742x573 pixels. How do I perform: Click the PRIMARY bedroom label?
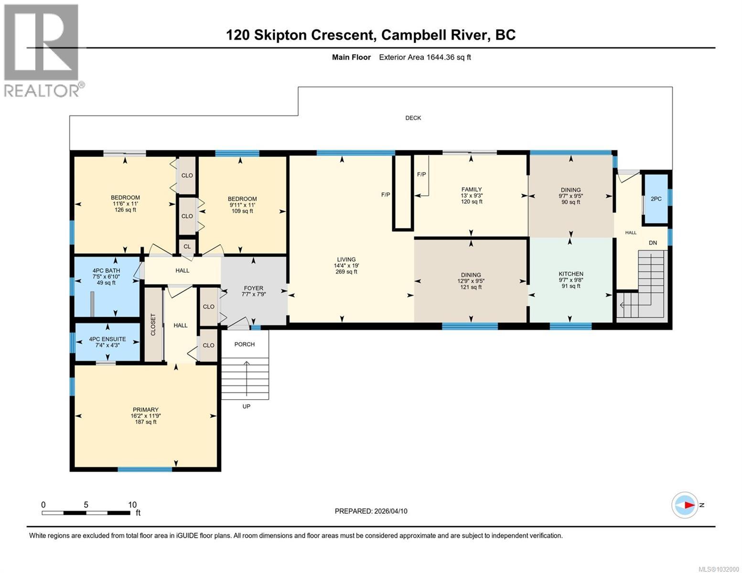[145, 410]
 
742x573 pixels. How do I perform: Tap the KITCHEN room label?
[570, 274]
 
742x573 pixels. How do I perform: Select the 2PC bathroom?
[656, 199]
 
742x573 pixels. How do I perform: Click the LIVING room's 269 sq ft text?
[346, 272]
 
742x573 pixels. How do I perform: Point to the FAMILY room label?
[471, 190]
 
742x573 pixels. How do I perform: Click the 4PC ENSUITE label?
[108, 340]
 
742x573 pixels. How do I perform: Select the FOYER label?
[253, 288]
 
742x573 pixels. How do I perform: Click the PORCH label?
[244, 344]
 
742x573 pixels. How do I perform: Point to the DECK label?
[413, 118]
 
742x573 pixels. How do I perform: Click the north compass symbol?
[685, 505]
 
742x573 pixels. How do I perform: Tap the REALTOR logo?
[42, 50]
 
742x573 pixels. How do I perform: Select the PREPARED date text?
[371, 511]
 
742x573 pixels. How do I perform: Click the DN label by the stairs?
[653, 243]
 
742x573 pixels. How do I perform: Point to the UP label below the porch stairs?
[246, 406]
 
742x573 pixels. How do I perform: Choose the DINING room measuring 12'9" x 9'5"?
[471, 275]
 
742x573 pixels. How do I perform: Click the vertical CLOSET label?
[153, 325]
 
